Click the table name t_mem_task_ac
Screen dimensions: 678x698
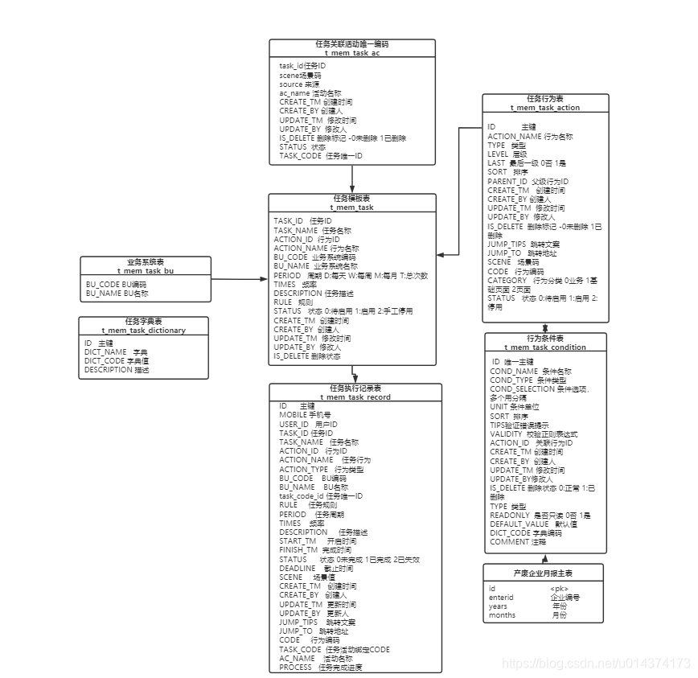351,53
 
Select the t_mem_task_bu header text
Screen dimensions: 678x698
146,271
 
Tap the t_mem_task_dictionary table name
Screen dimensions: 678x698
143,330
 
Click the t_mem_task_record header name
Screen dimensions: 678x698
355,397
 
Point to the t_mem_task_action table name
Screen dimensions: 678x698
544,107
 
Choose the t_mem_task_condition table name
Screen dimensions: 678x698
544,347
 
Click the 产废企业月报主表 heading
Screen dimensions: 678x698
544,572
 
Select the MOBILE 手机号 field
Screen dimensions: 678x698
305,415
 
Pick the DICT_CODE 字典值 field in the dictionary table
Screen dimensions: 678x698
117,361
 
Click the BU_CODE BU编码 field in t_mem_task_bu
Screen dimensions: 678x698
117,285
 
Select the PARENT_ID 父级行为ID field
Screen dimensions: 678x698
528,182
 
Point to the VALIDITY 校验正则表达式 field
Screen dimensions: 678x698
533,434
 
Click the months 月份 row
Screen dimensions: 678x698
527,615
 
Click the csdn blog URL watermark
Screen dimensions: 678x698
596,664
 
